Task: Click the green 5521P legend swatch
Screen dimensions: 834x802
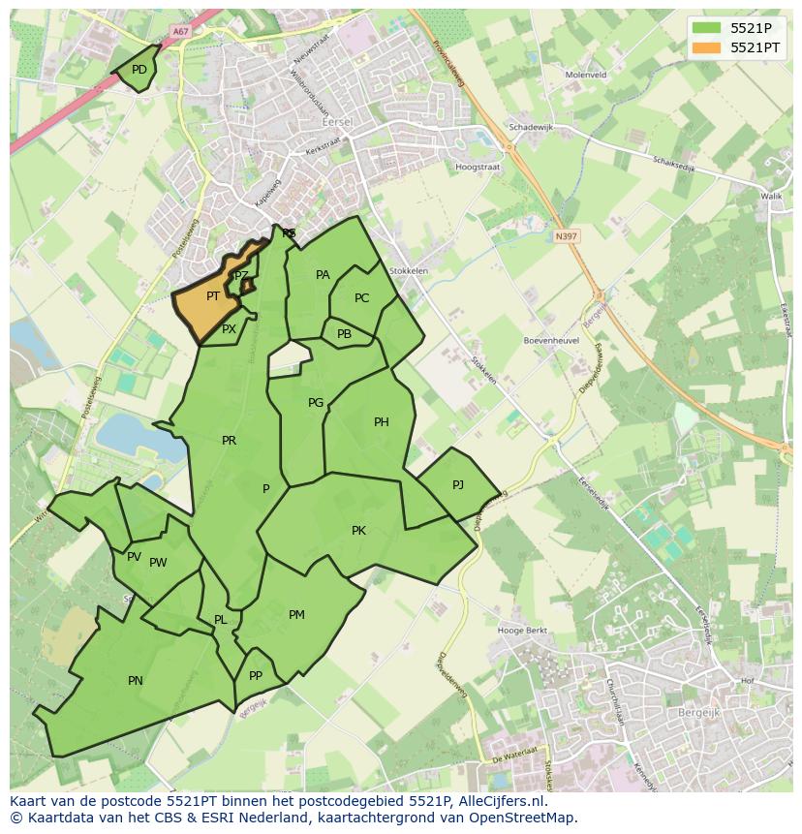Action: point(707,27)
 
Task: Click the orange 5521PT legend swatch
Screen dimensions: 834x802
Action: point(707,47)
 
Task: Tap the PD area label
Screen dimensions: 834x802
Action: point(139,70)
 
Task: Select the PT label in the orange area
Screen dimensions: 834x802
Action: point(213,296)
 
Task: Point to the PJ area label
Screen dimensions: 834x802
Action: point(458,484)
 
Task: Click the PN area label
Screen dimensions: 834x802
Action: point(136,681)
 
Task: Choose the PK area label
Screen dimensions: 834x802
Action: point(358,531)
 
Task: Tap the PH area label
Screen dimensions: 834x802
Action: point(382,422)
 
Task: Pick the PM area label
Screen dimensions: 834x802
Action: point(296,615)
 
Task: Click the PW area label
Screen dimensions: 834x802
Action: point(158,563)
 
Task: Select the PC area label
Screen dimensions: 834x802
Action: point(361,298)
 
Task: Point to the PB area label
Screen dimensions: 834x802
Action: point(344,334)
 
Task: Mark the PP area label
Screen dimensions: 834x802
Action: point(256,676)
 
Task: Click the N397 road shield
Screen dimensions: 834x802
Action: point(566,235)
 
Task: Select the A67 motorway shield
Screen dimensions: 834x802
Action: point(180,31)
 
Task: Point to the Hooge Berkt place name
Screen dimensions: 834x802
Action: point(522,631)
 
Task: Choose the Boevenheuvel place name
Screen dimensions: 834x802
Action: point(550,341)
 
